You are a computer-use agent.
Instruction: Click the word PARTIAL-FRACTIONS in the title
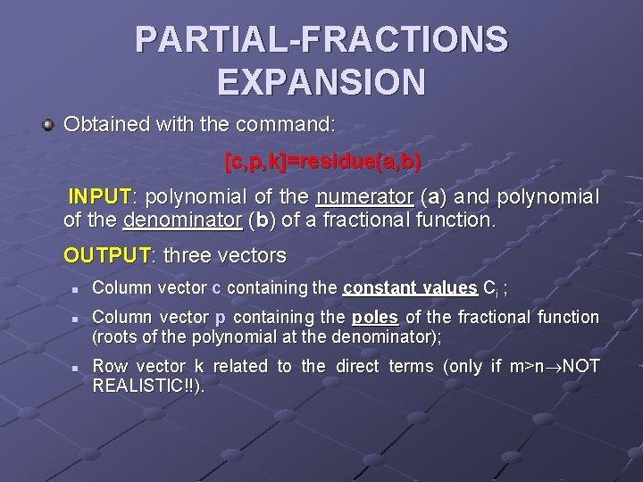pos(321,39)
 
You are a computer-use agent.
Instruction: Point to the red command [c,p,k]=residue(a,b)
pos(322,162)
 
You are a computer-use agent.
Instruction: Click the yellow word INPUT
pos(100,195)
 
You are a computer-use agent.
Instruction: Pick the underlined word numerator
pos(363,195)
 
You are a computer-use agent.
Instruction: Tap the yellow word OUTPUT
pos(106,256)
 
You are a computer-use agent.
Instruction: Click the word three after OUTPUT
pos(188,256)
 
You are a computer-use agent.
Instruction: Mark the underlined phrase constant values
pos(410,287)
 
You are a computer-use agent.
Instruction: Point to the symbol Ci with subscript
pos(491,288)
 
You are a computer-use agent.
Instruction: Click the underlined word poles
pos(375,317)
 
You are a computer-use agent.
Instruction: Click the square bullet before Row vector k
pos(77,368)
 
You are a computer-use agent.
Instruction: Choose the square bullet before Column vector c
pos(77,289)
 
